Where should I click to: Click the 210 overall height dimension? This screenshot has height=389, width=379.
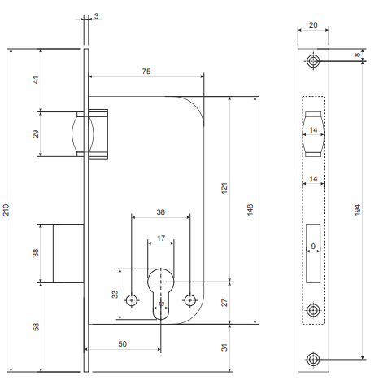pyautogui.click(x=6, y=210)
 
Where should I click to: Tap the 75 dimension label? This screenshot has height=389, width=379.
pyautogui.click(x=146, y=72)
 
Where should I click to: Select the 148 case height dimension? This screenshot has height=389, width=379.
pyautogui.click(x=250, y=210)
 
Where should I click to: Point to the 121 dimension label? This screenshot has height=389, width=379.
pyautogui.click(x=224, y=188)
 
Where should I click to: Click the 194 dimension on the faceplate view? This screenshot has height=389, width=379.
pyautogui.click(x=358, y=210)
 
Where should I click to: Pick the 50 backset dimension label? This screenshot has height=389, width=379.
pyautogui.click(x=123, y=344)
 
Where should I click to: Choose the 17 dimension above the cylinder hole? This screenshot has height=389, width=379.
pyautogui.click(x=161, y=238)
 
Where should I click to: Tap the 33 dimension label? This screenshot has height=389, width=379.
pyautogui.click(x=115, y=295)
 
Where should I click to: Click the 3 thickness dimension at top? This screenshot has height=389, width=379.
pyautogui.click(x=97, y=16)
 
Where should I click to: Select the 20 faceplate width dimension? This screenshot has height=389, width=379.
pyautogui.click(x=313, y=25)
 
